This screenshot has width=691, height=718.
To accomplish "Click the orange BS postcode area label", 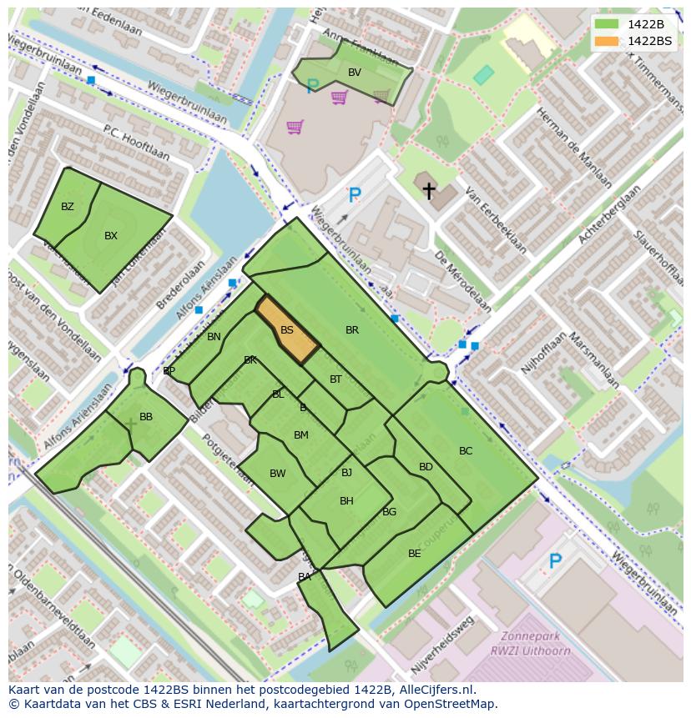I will [x=286, y=330].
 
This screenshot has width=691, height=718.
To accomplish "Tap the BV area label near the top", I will [x=355, y=73].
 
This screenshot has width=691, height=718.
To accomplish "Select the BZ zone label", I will [x=68, y=207].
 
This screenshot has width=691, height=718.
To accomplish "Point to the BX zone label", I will [x=111, y=236].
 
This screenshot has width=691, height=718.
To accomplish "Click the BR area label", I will [x=352, y=330].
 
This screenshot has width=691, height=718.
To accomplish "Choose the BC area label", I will [x=466, y=451].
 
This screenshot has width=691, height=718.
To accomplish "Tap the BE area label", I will [x=415, y=554].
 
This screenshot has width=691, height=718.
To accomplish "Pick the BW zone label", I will [x=278, y=474].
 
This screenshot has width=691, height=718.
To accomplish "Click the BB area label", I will [x=146, y=417].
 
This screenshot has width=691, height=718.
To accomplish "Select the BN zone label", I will [x=214, y=337].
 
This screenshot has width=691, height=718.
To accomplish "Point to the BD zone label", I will [x=426, y=467].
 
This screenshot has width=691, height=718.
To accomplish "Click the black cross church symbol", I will [x=429, y=191].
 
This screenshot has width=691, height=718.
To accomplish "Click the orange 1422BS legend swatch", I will [x=608, y=41].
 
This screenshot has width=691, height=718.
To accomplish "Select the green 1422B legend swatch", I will [x=608, y=24].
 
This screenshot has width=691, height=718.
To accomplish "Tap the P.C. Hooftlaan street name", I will [x=136, y=143].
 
